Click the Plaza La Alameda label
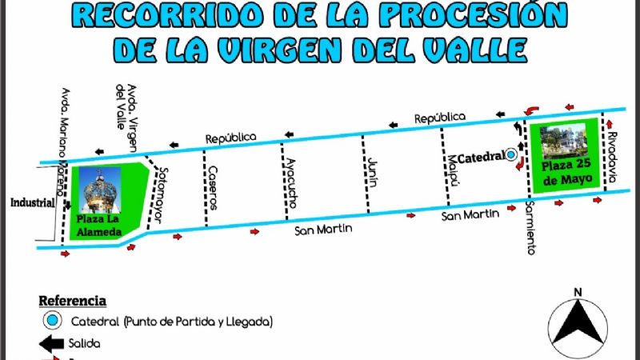point(98,226)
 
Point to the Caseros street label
point(213,188)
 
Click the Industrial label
point(33,203)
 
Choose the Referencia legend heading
point(73,301)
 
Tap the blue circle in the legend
point(52,321)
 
